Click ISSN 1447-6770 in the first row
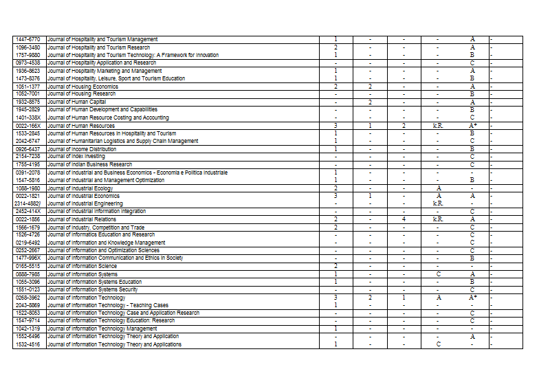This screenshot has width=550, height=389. click(x=27, y=39)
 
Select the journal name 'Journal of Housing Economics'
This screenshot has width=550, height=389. click(x=82, y=87)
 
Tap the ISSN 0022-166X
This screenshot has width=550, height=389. click(x=27, y=126)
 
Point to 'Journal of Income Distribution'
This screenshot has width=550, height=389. click(x=82, y=149)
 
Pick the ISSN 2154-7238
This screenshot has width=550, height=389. click(x=27, y=157)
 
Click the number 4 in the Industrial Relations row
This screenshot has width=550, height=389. click(x=404, y=219)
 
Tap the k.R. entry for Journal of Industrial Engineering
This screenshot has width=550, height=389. click(x=438, y=203)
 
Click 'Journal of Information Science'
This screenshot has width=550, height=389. click(x=82, y=266)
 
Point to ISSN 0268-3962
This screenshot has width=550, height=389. click(x=27, y=298)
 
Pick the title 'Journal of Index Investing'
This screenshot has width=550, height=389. click(x=76, y=157)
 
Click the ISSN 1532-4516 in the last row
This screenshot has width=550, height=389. click(x=27, y=344)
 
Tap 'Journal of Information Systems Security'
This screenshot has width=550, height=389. click(x=92, y=289)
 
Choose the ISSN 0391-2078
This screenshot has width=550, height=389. click(x=27, y=173)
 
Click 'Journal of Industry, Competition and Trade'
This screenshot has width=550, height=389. click(x=96, y=227)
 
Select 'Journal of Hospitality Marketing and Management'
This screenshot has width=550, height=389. click(x=104, y=71)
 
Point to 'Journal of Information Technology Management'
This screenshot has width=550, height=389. click(x=102, y=329)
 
